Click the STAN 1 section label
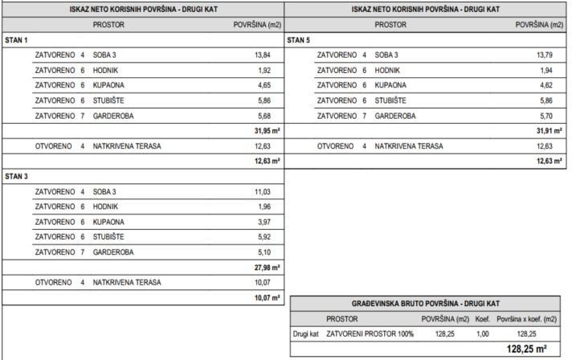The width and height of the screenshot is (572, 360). [x=17, y=39]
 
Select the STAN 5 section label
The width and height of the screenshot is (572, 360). [x=299, y=39]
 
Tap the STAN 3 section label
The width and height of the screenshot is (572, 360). [x=17, y=175]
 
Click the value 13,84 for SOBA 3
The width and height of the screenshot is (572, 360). [x=263, y=55]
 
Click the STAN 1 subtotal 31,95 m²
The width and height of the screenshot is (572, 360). [x=267, y=131]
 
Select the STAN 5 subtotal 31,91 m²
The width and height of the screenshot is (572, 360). [x=549, y=131]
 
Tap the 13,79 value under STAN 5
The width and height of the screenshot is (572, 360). [x=545, y=55]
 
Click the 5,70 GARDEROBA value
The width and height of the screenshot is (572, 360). [x=547, y=116]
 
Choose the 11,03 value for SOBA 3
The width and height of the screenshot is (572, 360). [x=263, y=191]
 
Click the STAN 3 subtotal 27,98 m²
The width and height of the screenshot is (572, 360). [x=267, y=268]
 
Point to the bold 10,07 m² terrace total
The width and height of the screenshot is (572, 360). [x=267, y=298]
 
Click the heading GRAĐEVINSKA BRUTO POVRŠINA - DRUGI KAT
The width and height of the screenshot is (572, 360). [x=426, y=304]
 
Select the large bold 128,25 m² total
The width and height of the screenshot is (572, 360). [x=527, y=350]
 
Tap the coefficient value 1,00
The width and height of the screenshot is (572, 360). [x=482, y=333]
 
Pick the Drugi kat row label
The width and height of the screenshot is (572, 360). [x=305, y=333]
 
